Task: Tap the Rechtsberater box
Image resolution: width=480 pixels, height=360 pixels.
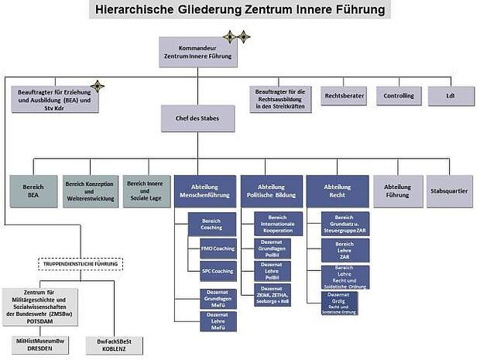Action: pyautogui.click(x=344, y=97)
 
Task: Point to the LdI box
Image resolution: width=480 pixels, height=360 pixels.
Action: pyautogui.click(x=450, y=97)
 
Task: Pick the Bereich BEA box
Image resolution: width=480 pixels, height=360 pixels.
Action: pyautogui.click(x=33, y=190)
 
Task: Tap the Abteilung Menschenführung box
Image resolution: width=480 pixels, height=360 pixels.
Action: pyautogui.click(x=204, y=190)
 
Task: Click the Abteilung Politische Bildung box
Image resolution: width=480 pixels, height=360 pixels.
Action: pyautogui.click(x=271, y=190)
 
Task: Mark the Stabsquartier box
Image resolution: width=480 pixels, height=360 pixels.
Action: pyautogui.click(x=449, y=190)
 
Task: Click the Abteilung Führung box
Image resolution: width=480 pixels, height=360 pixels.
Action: pyautogui.click(x=398, y=190)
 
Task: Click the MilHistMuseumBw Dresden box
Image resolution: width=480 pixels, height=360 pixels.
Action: pyautogui.click(x=38, y=344)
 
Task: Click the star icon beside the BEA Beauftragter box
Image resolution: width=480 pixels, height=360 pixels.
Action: pyautogui.click(x=98, y=85)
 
